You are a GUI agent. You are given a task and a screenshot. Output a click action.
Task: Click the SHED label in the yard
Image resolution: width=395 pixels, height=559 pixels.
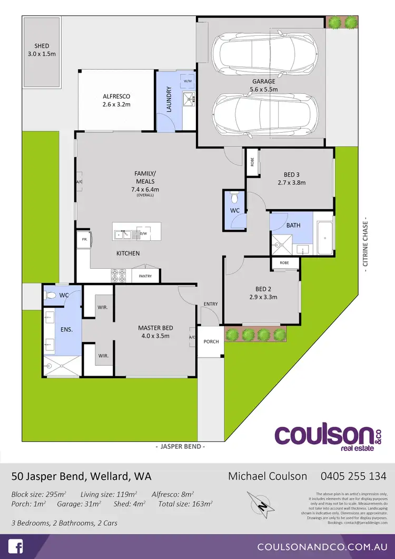pos(41,46)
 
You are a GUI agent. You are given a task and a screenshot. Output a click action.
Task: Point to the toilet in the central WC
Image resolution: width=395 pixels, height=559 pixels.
pos(235,199)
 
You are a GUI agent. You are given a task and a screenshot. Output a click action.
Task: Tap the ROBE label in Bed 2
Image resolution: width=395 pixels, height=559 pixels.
pos(284,262)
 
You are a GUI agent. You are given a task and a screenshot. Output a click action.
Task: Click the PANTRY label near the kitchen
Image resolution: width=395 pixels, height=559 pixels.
pos(145,276)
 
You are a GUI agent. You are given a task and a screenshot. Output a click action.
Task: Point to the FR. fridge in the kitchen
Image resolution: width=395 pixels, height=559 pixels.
pos(84,239)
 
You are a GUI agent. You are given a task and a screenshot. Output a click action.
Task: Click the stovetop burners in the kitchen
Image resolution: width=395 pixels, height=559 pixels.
pos(118,275)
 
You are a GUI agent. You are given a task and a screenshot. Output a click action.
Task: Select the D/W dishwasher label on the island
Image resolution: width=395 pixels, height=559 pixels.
pos(143,233)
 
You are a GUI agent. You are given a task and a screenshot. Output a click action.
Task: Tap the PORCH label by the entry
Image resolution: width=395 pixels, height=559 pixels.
pos(211,341)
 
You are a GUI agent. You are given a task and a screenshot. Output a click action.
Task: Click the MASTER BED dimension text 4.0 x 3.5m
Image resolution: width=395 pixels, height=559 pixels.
pos(155,335)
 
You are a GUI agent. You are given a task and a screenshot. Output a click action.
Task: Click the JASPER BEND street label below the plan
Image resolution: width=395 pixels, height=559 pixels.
pos(181,446)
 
